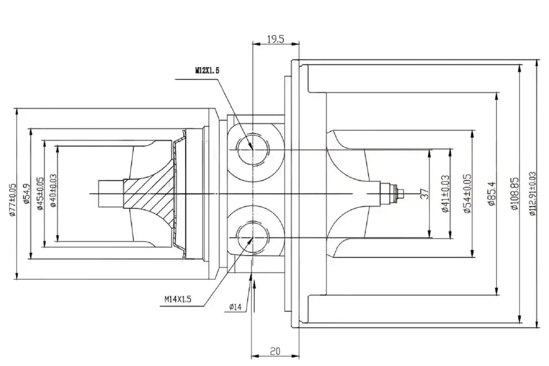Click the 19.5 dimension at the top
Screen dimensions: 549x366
tap(276, 39)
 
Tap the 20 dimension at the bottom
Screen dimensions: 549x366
tap(276, 351)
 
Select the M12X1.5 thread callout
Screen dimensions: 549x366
tap(207, 71)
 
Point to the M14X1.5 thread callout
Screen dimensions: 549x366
tap(178, 300)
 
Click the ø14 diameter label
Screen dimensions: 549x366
tap(235, 307)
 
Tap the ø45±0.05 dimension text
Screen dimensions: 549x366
tap(40, 193)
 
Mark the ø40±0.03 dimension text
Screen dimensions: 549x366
tap(53, 191)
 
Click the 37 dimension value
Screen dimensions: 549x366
tap(425, 193)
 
